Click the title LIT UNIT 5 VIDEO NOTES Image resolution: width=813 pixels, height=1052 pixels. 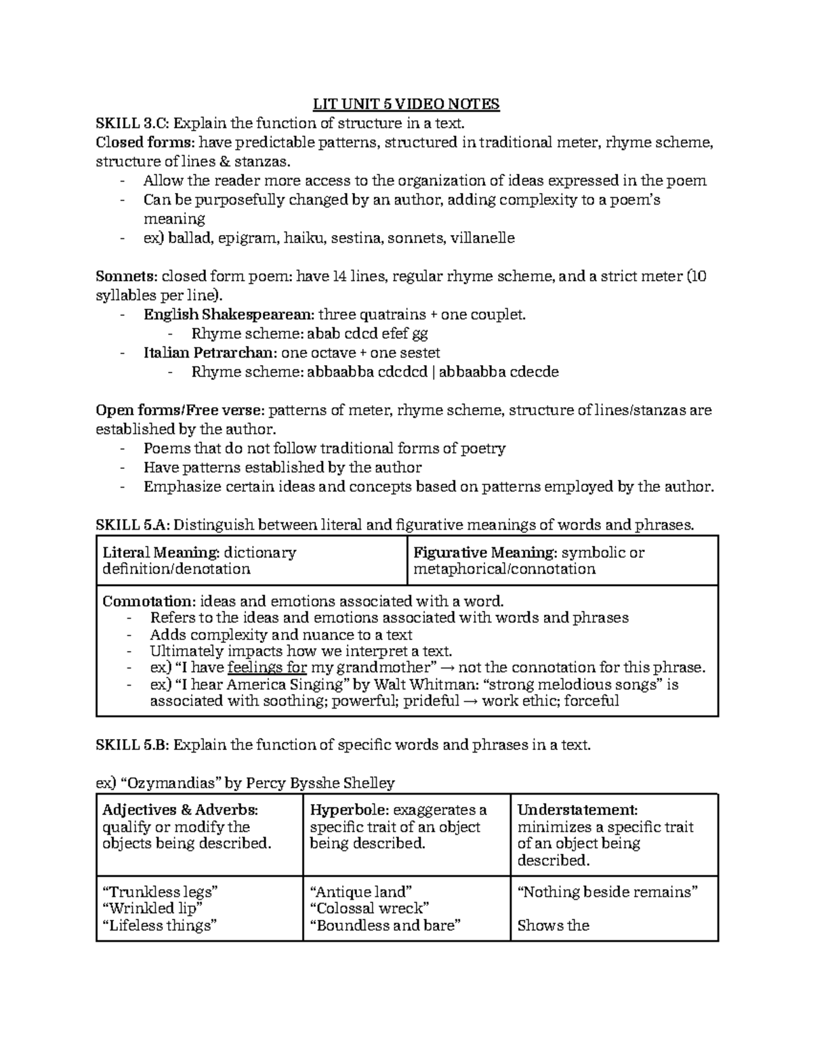point(406,104)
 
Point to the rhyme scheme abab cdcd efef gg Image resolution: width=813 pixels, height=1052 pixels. point(367,333)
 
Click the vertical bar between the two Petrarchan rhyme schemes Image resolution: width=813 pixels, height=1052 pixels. point(433,372)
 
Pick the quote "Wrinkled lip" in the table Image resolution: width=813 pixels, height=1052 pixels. point(150,908)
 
